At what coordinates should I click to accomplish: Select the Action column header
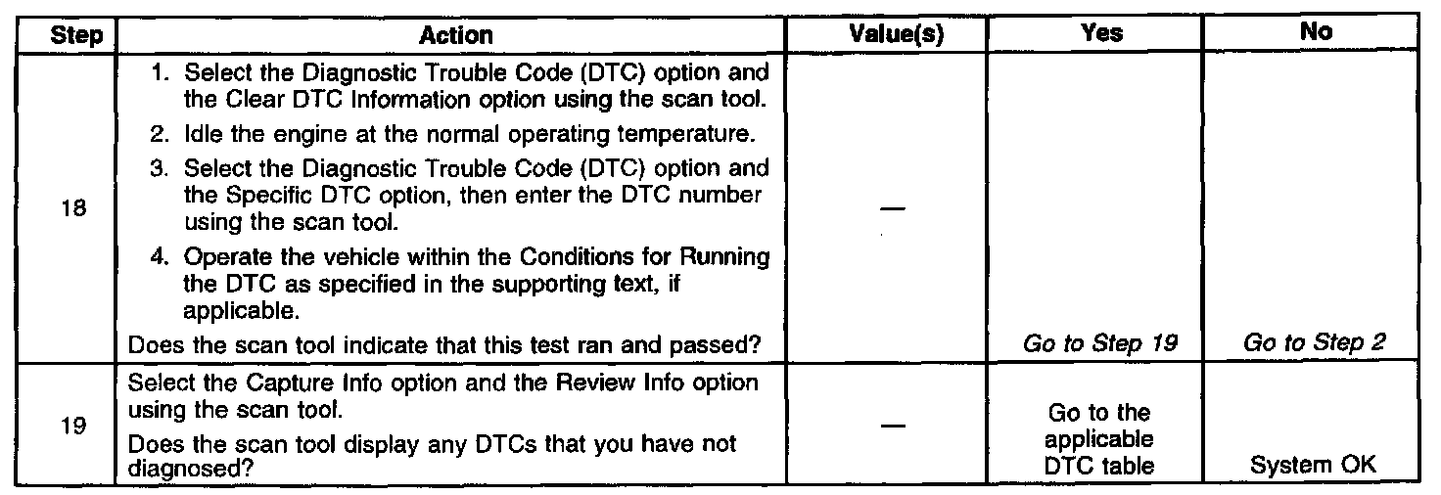tap(456, 34)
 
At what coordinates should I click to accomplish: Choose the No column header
tap(1318, 33)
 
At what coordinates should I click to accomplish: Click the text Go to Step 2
tap(1316, 343)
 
